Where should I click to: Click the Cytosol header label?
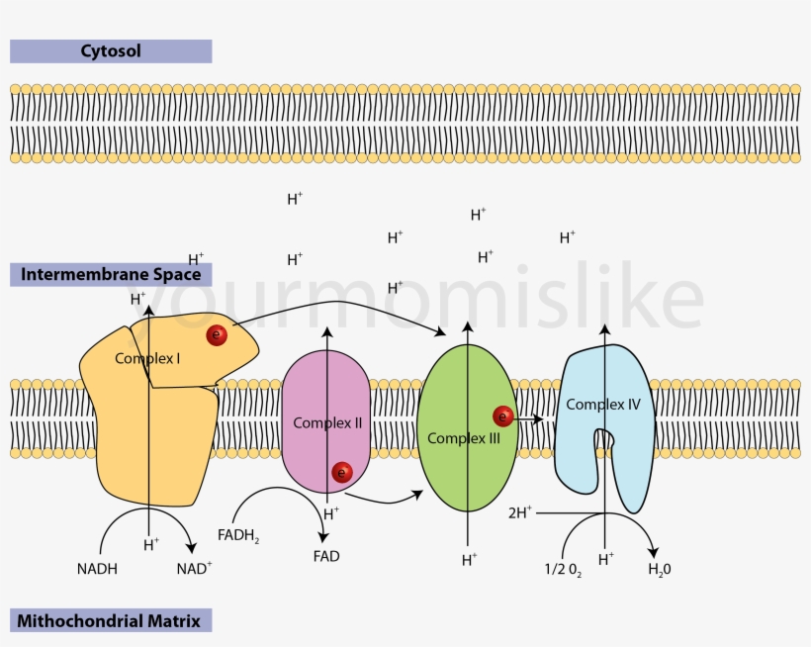click(x=110, y=50)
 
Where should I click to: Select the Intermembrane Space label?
click(x=111, y=274)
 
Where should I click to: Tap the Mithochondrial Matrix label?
click(x=110, y=621)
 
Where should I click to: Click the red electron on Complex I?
click(x=217, y=335)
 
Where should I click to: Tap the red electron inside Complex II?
click(x=342, y=473)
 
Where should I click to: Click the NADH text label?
click(x=96, y=569)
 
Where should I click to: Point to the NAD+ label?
click(x=194, y=569)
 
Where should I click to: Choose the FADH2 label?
click(x=238, y=536)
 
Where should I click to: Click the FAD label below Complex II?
click(x=326, y=556)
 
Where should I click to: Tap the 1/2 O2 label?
click(x=562, y=570)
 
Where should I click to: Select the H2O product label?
click(x=659, y=570)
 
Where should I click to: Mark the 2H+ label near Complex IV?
click(x=520, y=512)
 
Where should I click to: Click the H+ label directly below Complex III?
click(x=469, y=560)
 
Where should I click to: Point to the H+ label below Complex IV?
click(x=606, y=559)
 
